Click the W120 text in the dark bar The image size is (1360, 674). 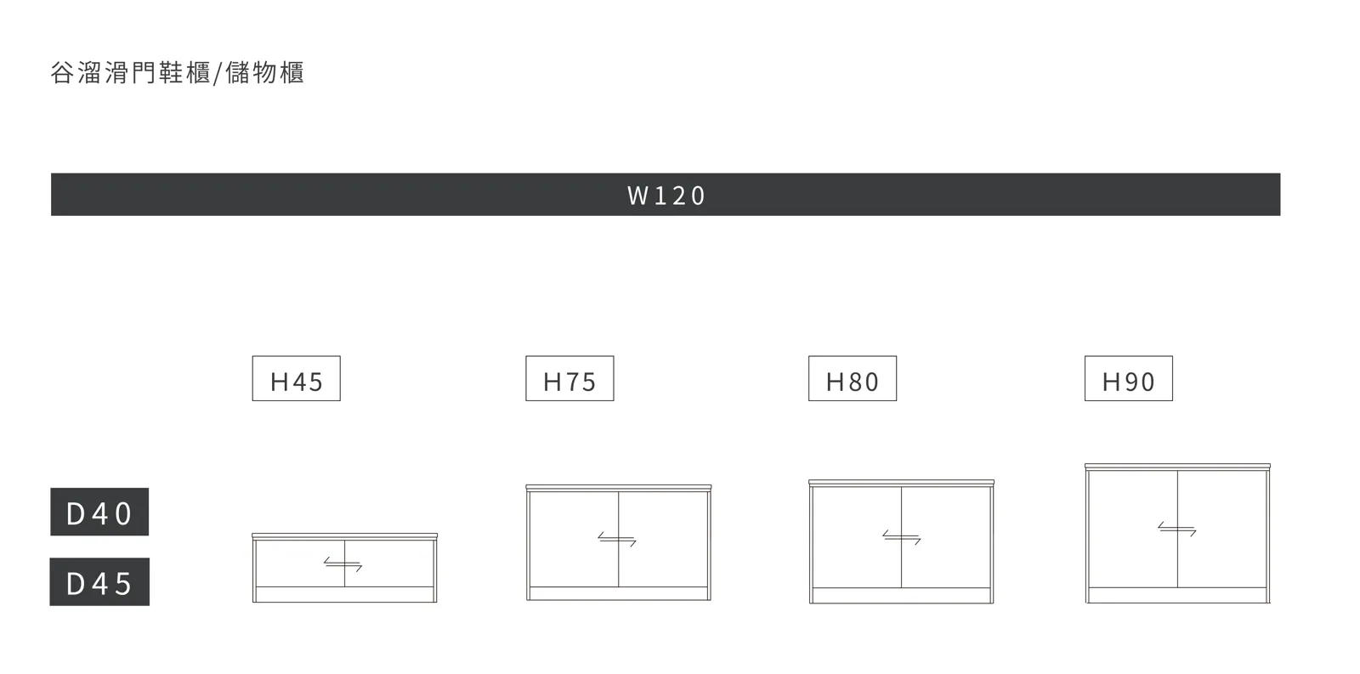[x=666, y=195]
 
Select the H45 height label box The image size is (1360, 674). [x=297, y=378]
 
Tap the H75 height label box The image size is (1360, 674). [x=569, y=378]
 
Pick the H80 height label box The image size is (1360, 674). [x=853, y=378]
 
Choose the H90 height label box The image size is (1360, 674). [x=1129, y=378]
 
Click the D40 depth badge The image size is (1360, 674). [x=99, y=512]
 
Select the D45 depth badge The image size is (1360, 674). [x=99, y=581]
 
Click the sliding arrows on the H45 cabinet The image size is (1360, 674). [x=343, y=564]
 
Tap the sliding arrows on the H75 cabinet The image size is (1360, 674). [x=617, y=539]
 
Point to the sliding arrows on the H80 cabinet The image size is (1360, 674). [x=902, y=537]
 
